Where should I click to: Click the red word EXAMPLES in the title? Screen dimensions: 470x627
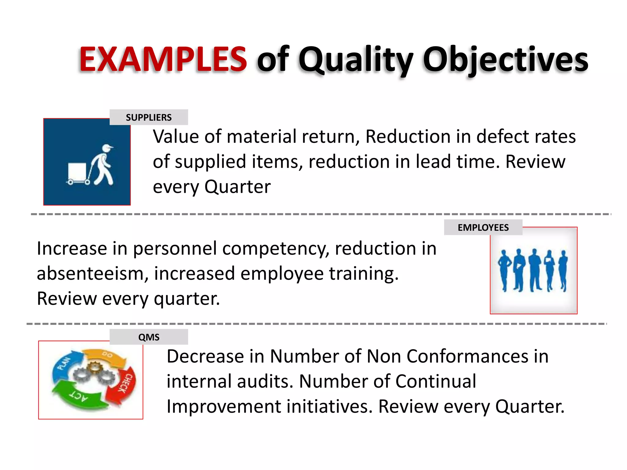coord(163,59)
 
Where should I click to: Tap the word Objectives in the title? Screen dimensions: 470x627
coord(505,60)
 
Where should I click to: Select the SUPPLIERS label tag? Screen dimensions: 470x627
coord(149,117)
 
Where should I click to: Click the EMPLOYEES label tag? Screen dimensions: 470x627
coord(483,227)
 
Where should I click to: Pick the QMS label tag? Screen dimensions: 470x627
coord(149,337)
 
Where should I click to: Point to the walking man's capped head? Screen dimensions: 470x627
coord(106,148)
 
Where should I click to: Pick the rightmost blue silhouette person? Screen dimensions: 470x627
coord(563,269)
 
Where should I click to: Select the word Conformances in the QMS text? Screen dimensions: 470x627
coord(467,356)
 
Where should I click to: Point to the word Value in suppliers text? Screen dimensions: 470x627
coord(176,136)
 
